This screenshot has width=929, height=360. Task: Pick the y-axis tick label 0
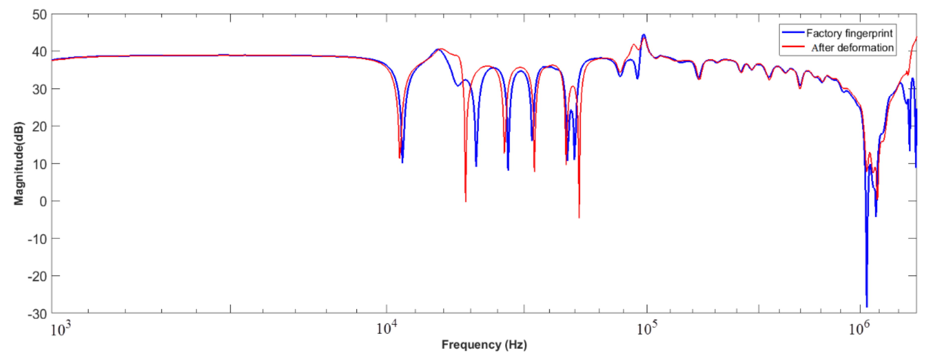click(43, 201)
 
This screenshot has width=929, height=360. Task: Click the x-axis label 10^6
click(859, 328)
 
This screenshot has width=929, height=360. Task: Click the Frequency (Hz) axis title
click(484, 345)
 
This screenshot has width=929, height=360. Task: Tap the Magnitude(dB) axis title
click(19, 163)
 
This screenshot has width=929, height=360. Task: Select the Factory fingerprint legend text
click(849, 33)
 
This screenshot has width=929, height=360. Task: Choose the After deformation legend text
click(852, 48)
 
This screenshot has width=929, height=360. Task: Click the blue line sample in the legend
click(793, 33)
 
